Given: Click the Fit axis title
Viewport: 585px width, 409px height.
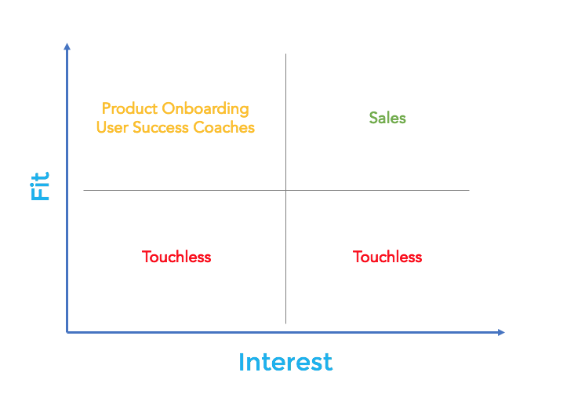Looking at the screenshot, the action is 39,186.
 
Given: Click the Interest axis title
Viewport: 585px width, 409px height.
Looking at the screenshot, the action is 285,362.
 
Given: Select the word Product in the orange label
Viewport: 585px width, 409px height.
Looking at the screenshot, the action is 129,108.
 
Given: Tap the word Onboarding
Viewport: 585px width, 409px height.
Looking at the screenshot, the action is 205,109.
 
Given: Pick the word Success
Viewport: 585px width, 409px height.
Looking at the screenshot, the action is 161,127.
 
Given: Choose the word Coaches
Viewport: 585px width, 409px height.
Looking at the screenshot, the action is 223,127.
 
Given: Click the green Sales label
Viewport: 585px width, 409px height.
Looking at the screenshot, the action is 387,118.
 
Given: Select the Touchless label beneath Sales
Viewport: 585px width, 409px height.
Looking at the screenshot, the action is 387,257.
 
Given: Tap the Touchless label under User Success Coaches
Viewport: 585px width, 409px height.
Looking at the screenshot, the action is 176,257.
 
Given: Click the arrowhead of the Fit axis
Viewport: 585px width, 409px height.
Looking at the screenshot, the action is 67,46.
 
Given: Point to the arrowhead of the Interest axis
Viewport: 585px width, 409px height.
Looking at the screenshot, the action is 501,332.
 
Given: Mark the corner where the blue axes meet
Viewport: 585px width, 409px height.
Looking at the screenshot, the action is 67,332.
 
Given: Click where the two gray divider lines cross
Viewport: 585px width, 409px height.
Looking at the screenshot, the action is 285,190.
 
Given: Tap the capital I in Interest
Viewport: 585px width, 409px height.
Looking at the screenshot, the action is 241,362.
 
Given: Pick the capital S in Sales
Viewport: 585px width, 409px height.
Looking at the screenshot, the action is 373,118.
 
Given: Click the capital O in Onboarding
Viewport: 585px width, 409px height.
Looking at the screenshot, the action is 169,108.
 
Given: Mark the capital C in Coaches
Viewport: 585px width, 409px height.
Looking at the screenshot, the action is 199,127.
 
